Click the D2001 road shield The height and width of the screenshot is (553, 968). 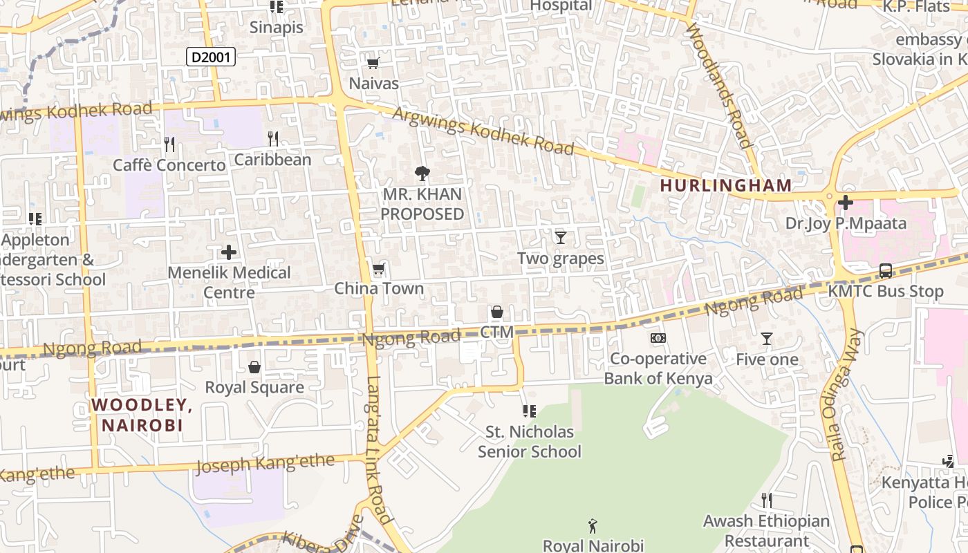pos(211,57)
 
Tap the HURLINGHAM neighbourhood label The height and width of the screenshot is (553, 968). pos(725,185)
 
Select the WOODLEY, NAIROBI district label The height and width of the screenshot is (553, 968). pos(141,415)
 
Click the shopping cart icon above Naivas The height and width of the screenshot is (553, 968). pos(373,64)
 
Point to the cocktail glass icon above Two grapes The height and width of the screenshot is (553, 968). pos(561,238)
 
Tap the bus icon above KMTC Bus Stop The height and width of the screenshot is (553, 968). pos(885,271)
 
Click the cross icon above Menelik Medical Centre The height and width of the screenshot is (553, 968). pos(229,252)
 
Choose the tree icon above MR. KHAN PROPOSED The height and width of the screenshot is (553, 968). pos(422,173)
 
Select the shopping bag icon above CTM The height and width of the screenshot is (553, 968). pos(496,312)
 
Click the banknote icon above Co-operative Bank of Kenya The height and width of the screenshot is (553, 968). pos(658,338)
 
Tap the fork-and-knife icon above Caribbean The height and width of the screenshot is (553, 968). pos(273,139)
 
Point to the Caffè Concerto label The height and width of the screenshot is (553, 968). pos(169,165)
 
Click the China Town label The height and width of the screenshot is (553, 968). pos(379,288)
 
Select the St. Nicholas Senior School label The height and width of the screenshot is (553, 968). pos(530,442)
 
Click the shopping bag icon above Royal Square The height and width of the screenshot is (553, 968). pos(254,366)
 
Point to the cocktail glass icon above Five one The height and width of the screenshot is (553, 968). pos(766,339)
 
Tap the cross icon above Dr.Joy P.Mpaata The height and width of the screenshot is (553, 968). pos(845,203)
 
